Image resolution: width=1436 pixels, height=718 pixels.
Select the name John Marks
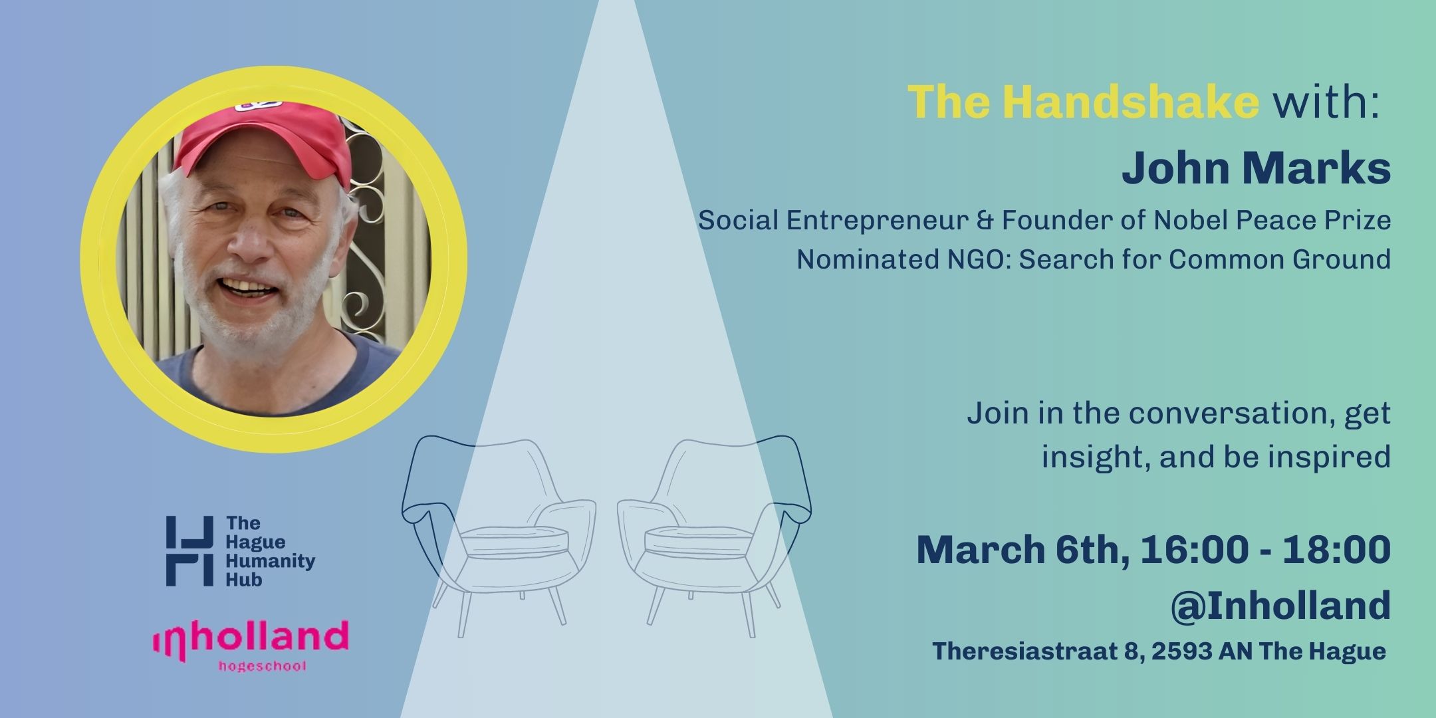click(x=1256, y=169)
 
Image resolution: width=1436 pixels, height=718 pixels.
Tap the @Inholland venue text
click(x=1280, y=605)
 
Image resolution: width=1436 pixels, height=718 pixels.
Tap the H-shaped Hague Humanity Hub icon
click(x=189, y=550)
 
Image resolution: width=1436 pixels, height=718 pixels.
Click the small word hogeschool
click(x=263, y=666)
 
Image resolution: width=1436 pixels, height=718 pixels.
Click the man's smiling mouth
click(x=249, y=288)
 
